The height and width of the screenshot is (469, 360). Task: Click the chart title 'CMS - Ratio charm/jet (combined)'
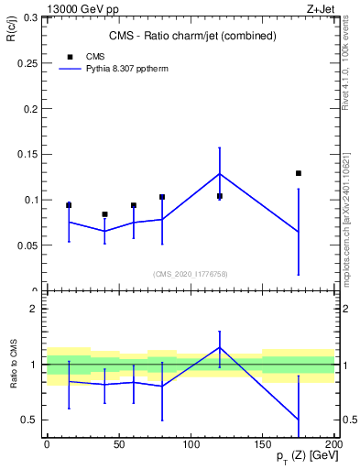pos(188,36)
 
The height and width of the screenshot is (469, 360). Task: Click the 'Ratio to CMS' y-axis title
pos(14,363)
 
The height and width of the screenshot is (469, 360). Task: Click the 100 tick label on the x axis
pos(191,444)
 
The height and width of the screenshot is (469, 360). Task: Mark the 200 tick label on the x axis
pos(334,444)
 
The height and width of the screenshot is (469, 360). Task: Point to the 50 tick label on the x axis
pos(118,444)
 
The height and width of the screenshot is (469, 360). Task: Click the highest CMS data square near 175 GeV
pos(299,173)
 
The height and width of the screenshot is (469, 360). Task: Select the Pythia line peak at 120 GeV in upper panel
pos(220,173)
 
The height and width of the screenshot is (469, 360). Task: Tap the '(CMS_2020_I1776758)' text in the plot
pos(190,273)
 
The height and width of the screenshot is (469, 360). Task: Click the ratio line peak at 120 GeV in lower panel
pos(220,347)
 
